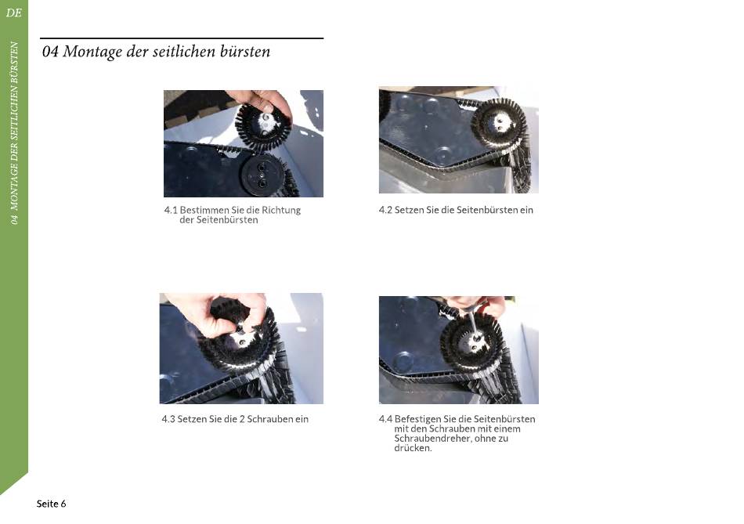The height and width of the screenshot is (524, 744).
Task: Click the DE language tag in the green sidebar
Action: (14, 13)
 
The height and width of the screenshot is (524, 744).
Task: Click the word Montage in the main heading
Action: (92, 52)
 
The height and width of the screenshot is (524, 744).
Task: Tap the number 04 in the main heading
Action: (50, 51)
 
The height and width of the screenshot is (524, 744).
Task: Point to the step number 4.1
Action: (171, 210)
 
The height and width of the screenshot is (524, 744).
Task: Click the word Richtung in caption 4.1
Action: (281, 210)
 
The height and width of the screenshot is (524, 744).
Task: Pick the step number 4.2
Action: (385, 210)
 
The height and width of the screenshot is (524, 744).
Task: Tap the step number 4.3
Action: (168, 419)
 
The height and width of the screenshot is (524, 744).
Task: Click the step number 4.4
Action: (385, 419)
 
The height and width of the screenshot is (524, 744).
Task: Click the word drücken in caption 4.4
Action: (412, 447)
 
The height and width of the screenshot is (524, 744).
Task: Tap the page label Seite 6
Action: (51, 504)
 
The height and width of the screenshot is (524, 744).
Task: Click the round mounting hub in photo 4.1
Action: (262, 174)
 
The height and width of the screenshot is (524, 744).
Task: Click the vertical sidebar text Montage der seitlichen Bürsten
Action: (14, 133)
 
